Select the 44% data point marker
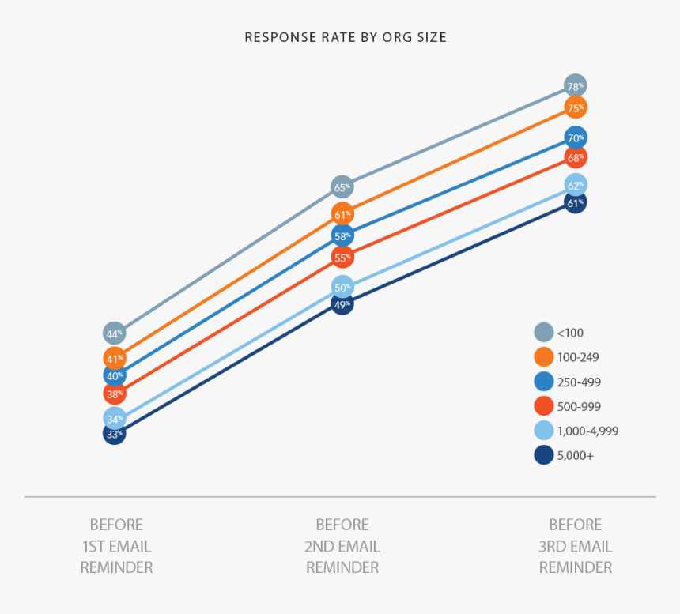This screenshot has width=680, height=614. tap(115, 333)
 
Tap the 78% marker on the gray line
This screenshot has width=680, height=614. tap(576, 85)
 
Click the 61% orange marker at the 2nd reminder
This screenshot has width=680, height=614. tap(342, 214)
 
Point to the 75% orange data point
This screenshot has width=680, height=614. tap(576, 107)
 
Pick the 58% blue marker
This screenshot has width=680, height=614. tap(342, 235)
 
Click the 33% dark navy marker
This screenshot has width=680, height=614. tap(115, 433)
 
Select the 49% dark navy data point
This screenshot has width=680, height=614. tap(342, 303)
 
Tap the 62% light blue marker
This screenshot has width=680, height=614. tap(576, 185)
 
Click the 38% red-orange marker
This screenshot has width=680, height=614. tap(115, 393)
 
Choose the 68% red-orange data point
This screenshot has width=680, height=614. tap(576, 157)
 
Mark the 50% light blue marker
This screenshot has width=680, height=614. tap(342, 287)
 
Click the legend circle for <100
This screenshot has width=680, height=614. tap(544, 333)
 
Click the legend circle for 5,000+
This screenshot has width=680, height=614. tap(544, 455)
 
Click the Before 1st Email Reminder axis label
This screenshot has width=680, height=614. tap(116, 546)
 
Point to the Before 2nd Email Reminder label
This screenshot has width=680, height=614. tap(342, 546)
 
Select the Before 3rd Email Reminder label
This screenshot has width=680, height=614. tap(576, 546)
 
